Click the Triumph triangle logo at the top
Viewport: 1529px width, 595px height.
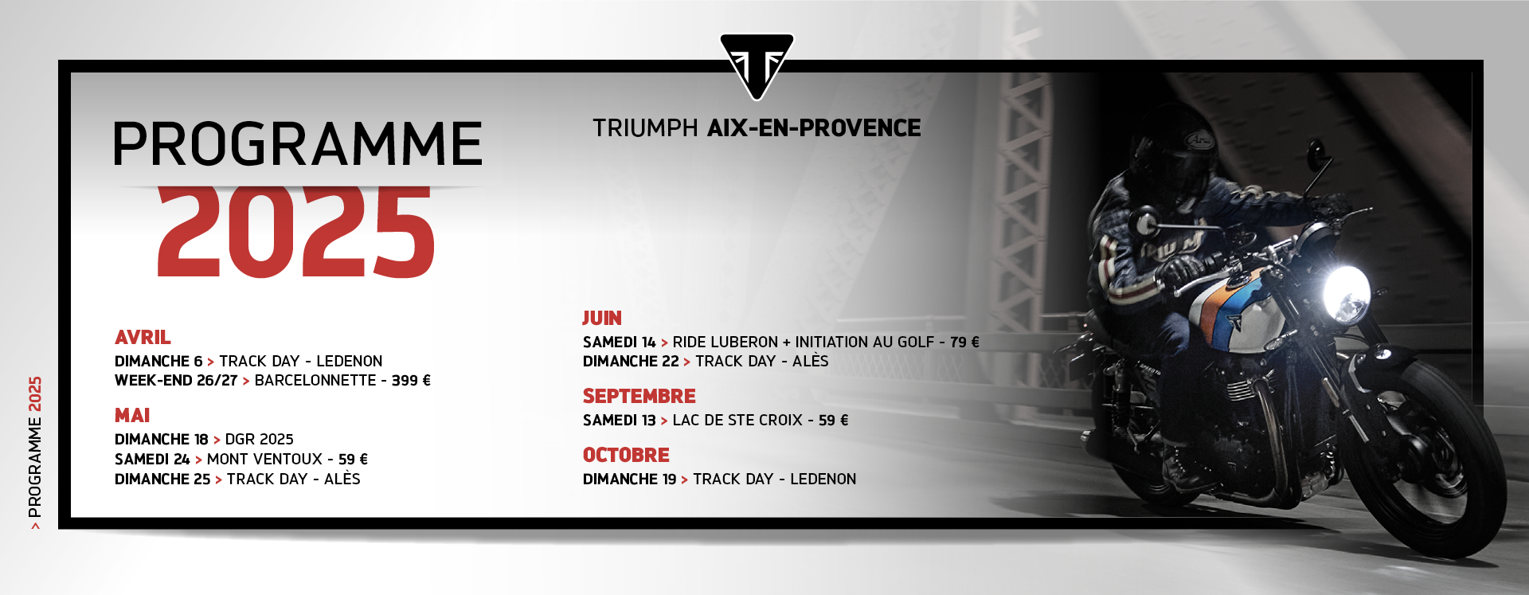click(x=757, y=65)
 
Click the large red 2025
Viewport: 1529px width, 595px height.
click(x=296, y=231)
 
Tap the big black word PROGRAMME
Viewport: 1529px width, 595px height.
click(x=298, y=144)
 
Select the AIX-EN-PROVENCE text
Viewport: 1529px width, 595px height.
click(x=814, y=127)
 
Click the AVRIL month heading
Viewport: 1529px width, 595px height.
click(x=143, y=337)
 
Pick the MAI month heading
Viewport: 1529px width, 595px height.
click(x=132, y=415)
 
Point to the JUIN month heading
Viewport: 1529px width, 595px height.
click(x=602, y=318)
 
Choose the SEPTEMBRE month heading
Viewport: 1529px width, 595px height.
click(x=639, y=396)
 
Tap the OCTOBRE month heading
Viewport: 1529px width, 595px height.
click(x=626, y=455)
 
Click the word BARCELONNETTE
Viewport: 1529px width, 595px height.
click(x=315, y=381)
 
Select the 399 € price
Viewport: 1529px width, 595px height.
click(x=411, y=381)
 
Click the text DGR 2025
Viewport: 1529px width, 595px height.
click(x=260, y=440)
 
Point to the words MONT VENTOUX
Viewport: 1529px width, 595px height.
click(x=264, y=460)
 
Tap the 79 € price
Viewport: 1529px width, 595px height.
click(x=964, y=342)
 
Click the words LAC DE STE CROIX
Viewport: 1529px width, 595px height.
click(x=737, y=420)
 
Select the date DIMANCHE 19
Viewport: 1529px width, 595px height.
click(x=629, y=479)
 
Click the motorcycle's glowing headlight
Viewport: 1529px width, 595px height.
click(x=1346, y=294)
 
